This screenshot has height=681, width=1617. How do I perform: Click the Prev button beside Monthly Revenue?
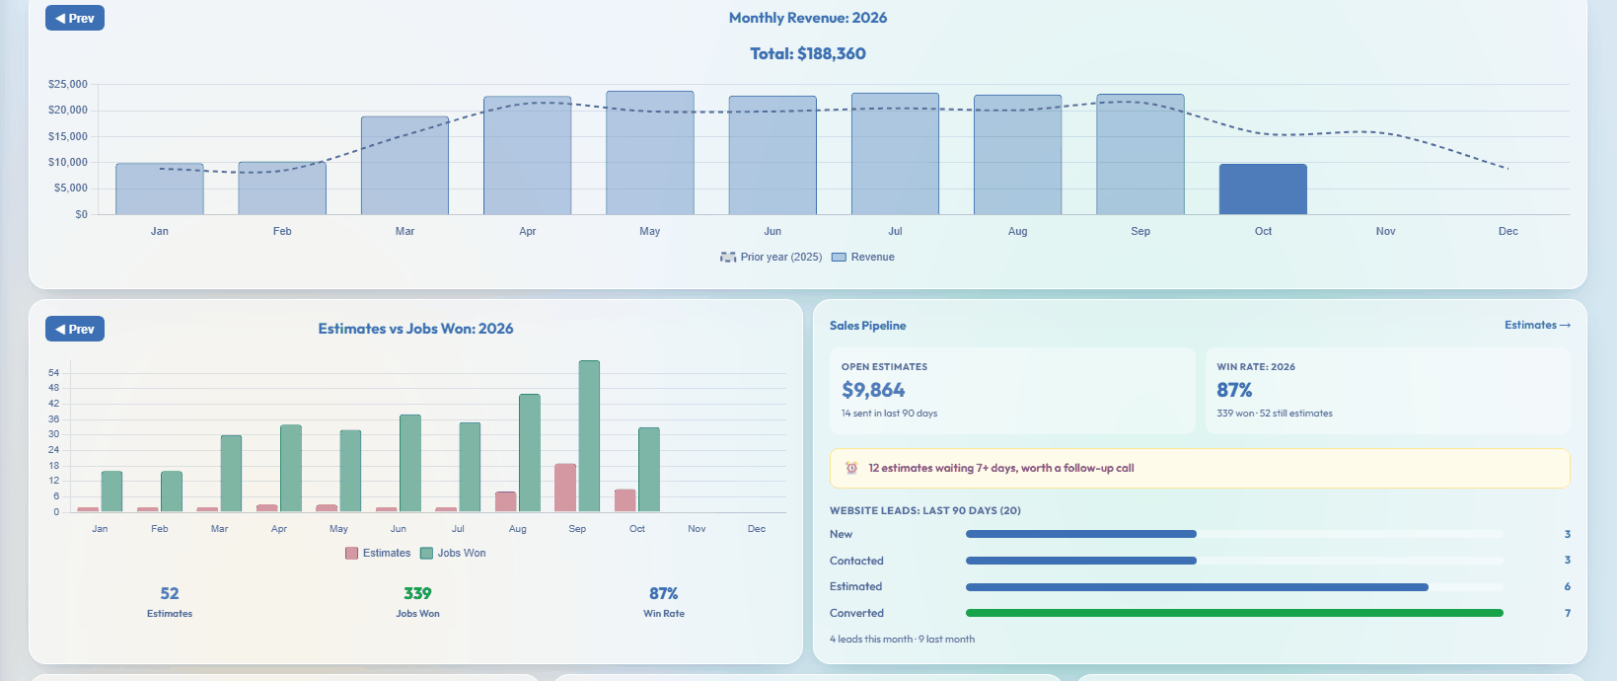75,18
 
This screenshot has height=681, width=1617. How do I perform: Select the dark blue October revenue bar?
1263,189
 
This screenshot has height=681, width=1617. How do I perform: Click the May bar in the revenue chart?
650,153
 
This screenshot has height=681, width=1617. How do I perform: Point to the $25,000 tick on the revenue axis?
68,85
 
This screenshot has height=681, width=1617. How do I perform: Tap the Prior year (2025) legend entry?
771,257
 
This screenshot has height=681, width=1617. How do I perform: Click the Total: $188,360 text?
808,53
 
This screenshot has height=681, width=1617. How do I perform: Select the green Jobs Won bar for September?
589,436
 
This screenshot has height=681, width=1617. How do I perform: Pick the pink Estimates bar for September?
565,488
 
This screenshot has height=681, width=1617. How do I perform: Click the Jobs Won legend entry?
453,553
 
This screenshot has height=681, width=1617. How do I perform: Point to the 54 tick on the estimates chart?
53,373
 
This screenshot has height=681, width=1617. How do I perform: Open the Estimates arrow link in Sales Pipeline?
1538,325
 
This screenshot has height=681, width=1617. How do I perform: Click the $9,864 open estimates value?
873,390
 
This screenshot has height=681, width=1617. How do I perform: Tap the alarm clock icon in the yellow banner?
851,468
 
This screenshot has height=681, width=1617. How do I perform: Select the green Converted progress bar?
1234,613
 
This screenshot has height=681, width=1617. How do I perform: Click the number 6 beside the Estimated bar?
1568,586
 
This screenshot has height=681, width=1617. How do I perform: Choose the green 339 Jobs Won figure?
417,593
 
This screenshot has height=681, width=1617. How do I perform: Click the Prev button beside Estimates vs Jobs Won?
75,329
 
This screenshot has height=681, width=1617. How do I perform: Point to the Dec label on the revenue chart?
1508,231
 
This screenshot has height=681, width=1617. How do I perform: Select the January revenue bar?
160,189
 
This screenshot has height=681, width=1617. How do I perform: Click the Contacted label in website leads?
856,561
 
